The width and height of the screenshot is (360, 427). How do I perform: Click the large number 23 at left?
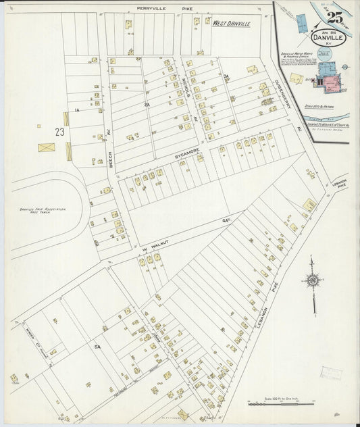click(x=60, y=132)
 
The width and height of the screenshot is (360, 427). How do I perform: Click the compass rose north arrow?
click(x=312, y=280)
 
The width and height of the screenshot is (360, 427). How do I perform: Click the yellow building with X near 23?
click(x=47, y=147)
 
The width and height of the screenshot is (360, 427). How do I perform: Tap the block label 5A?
click(x=97, y=346)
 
